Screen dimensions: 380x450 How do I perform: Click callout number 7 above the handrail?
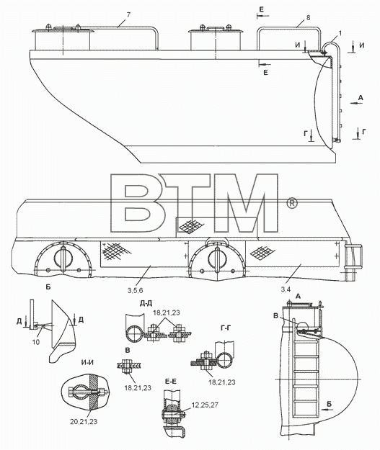128,15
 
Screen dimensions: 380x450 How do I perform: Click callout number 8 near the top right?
308,17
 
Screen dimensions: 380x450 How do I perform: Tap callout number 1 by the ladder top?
340,33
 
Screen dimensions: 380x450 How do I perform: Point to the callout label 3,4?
286,289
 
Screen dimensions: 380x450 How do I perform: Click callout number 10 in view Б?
36,342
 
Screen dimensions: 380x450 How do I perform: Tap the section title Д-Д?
146,303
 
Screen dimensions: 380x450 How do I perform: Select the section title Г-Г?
226,328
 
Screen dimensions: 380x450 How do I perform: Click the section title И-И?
87,362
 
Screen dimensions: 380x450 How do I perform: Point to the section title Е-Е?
171,382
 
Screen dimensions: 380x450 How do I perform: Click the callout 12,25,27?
206,405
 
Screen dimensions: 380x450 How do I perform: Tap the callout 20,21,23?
84,421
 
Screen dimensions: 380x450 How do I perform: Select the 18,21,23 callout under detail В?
138,388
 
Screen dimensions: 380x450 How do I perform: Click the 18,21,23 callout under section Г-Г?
222,382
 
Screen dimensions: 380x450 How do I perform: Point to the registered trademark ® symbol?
291,203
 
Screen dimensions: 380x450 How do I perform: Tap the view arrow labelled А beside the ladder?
356,103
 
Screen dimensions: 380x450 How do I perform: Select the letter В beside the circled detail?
275,316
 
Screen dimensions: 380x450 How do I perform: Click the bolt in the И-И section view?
88,392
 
